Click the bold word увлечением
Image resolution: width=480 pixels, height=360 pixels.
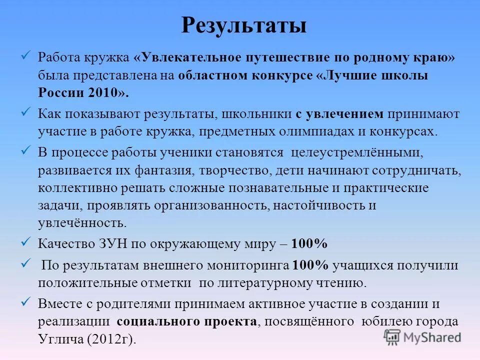(x=344, y=113)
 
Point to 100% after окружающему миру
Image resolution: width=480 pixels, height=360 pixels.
(x=309, y=244)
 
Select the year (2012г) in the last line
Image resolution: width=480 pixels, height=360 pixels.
(x=111, y=338)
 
